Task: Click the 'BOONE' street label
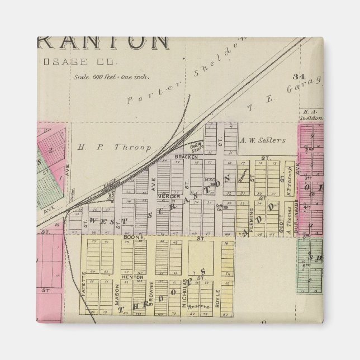[139, 238]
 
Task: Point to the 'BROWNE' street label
[151, 291]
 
